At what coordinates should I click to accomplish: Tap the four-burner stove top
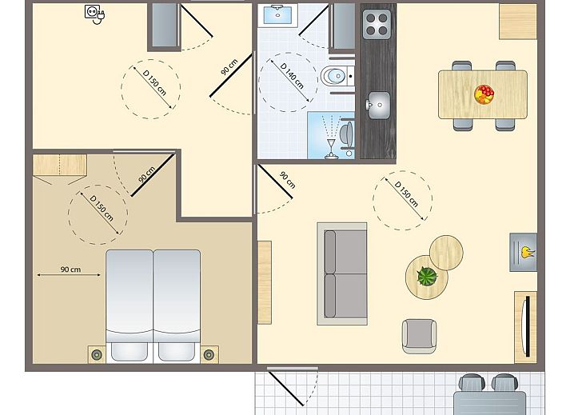[377, 24]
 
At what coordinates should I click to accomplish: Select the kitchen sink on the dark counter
[378, 105]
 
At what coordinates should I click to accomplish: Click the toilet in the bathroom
[337, 76]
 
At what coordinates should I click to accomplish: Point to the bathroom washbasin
[277, 15]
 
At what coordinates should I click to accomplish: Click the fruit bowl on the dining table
[484, 94]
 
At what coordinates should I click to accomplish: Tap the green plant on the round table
[427, 276]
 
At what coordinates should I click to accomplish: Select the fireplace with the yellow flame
[523, 252]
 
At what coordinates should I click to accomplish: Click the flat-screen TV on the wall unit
[527, 326]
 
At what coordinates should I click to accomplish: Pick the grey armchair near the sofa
[419, 336]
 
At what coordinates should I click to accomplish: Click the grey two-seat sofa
[342, 273]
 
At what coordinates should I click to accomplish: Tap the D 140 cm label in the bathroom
[292, 76]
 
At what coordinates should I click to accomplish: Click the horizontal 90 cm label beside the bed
[70, 269]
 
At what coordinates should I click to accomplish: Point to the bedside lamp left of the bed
[97, 354]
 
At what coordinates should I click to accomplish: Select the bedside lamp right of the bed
[209, 354]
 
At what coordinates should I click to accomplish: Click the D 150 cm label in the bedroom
[102, 209]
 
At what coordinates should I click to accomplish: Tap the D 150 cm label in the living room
[406, 194]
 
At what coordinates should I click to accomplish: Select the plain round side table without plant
[446, 252]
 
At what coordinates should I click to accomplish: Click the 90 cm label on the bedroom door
[147, 174]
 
